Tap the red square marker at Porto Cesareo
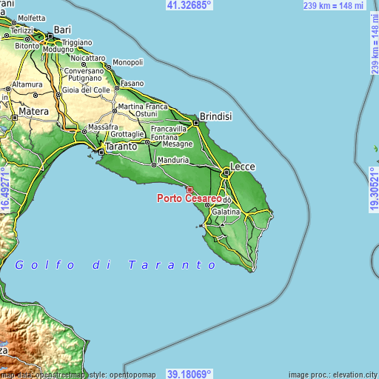pyautogui.click(x=189, y=190)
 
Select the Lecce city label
pyautogui.click(x=242, y=167)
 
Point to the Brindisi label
pyautogui.click(x=216, y=116)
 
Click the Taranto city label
pyautogui.click(x=121, y=147)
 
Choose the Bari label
pyautogui.click(x=63, y=29)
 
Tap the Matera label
pyautogui.click(x=34, y=111)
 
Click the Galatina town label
pyautogui.click(x=226, y=212)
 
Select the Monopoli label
pyautogui.click(x=127, y=62)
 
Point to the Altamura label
pyautogui.click(x=27, y=84)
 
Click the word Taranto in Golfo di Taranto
pyautogui.click(x=172, y=264)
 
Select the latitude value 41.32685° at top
pyautogui.click(x=189, y=4)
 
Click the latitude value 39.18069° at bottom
pyautogui.click(x=189, y=374)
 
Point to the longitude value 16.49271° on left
pyautogui.click(x=5, y=189)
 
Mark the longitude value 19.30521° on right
pyautogui.click(x=373, y=189)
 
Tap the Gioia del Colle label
pyautogui.click(x=85, y=90)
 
